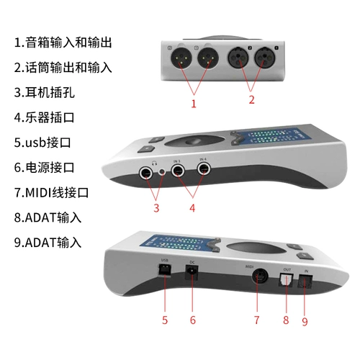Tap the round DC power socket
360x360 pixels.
click(192, 272)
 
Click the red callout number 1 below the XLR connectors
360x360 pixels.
click(193, 103)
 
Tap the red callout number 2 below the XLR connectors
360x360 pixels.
click(251, 100)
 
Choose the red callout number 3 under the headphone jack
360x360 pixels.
click(156, 208)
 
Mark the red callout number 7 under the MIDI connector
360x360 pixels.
click(257, 319)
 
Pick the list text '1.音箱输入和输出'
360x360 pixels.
click(63, 42)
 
